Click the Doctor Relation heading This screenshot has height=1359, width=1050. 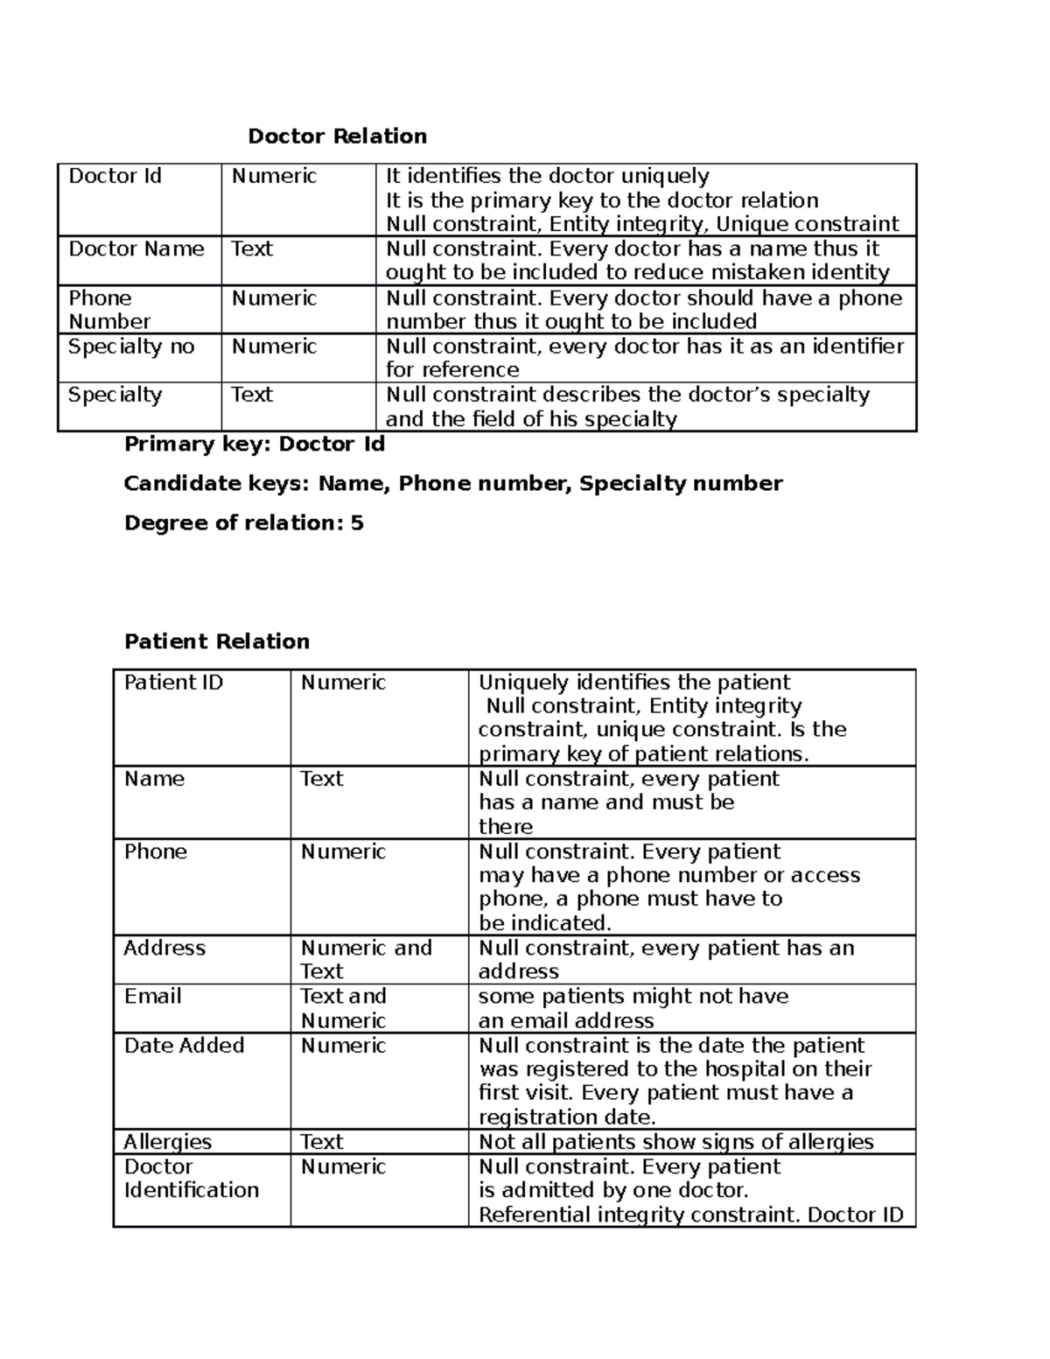[337, 137]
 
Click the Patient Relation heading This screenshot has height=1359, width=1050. [217, 641]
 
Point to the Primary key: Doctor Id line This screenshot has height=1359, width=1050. [255, 445]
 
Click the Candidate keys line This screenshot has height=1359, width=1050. [452, 484]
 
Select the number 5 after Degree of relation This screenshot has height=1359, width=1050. [357, 523]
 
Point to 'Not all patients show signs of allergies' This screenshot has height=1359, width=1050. [676, 1142]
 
